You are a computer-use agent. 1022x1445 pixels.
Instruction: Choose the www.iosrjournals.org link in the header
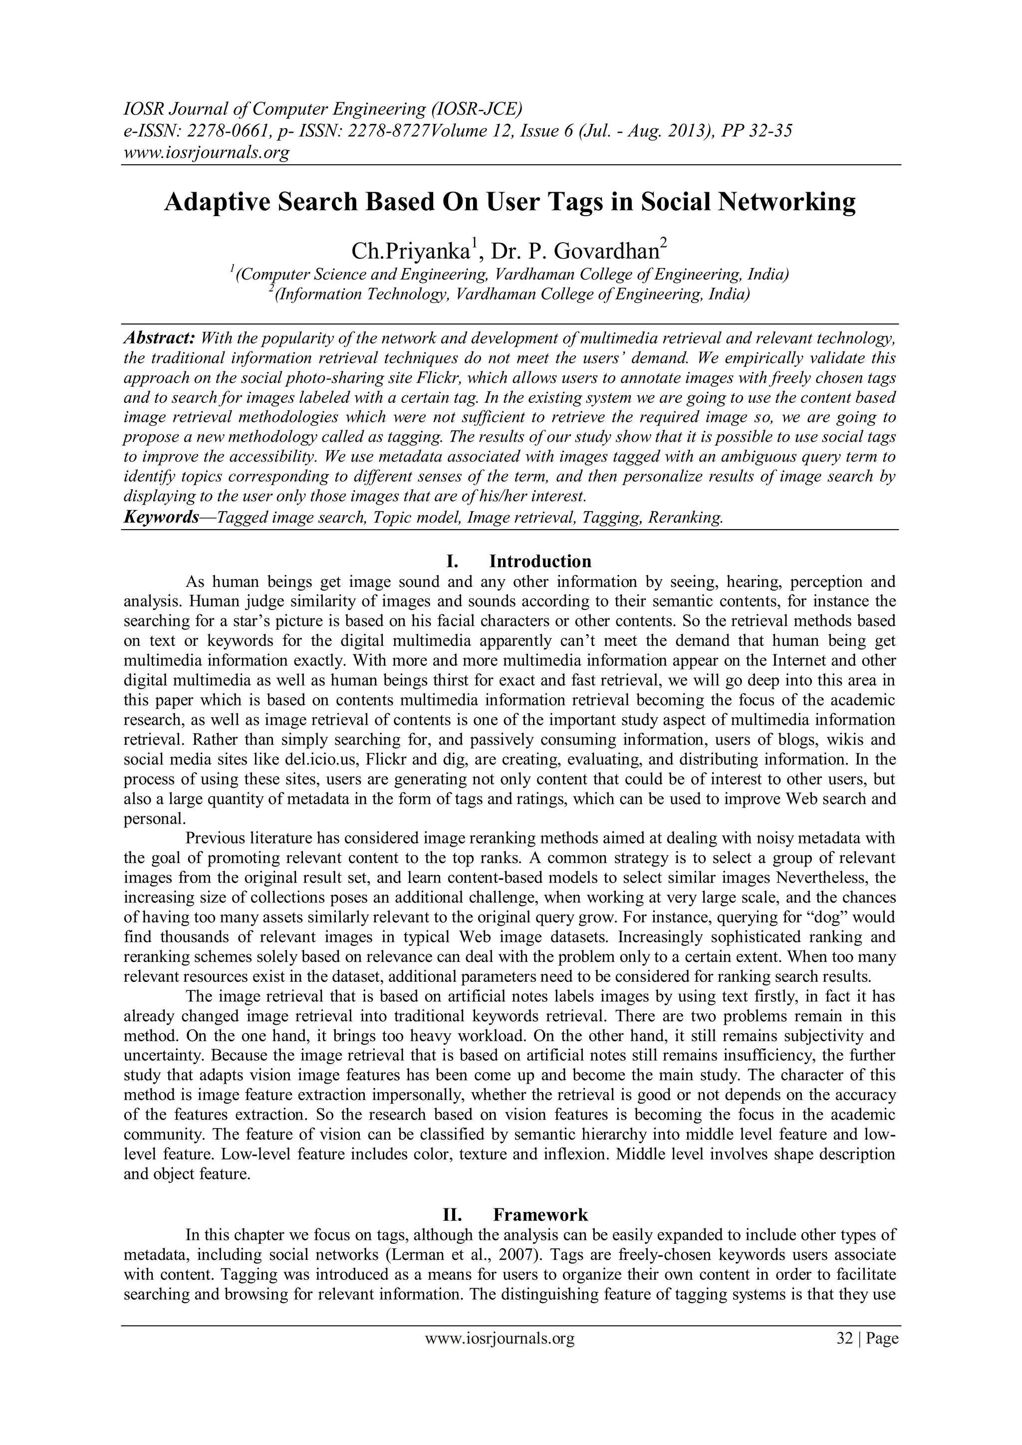[206, 153]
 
